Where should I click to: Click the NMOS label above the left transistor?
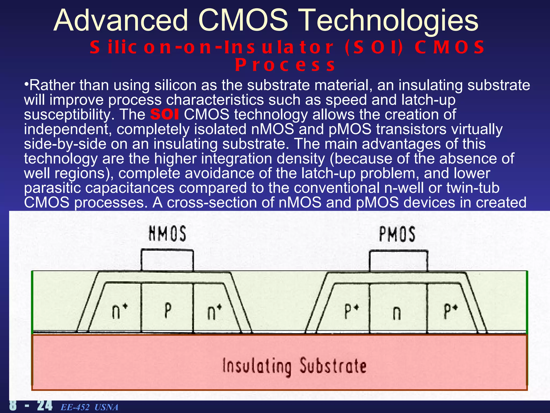coord(167,234)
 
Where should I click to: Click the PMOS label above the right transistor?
coord(397,234)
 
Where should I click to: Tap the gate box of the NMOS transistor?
coord(167,260)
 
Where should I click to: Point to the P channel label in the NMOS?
coord(168,311)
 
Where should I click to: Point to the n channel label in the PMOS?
coord(397,313)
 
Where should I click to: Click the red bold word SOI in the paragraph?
coord(164,115)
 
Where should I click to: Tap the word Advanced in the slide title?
coord(121,20)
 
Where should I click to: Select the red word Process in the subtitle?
coord(285,65)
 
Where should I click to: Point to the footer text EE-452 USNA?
coord(89,407)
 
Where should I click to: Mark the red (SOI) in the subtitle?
coord(374,47)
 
